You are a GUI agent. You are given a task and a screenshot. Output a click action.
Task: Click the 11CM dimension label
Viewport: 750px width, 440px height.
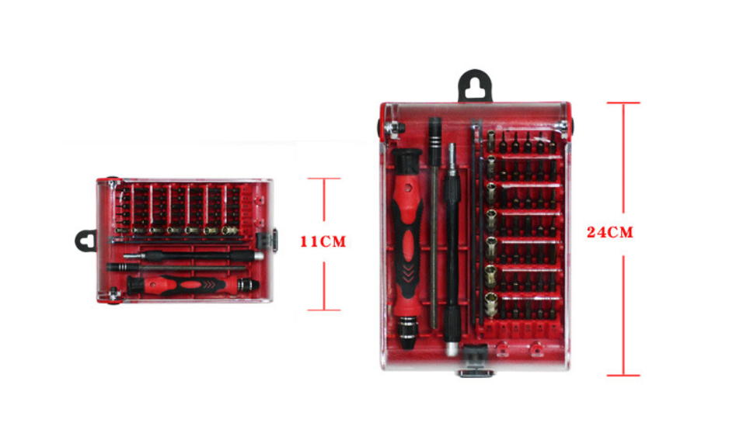click(323, 241)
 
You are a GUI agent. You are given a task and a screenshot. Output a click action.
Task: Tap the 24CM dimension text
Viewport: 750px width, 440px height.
click(610, 232)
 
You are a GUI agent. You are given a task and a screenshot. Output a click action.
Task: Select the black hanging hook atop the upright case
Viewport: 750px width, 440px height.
click(475, 86)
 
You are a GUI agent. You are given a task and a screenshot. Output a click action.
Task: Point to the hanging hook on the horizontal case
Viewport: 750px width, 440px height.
click(86, 241)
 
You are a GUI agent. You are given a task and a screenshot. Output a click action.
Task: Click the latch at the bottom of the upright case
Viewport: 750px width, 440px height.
click(476, 361)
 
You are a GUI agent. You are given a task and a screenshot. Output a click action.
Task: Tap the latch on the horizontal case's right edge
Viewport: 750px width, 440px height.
click(267, 241)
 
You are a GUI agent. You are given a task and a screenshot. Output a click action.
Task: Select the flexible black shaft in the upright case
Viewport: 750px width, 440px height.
click(452, 249)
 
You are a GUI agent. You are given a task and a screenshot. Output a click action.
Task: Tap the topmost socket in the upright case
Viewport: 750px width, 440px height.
click(491, 139)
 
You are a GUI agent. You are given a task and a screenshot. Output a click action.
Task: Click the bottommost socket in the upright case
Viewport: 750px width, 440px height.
click(490, 305)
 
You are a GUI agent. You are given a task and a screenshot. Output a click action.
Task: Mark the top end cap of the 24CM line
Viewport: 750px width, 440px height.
click(623, 102)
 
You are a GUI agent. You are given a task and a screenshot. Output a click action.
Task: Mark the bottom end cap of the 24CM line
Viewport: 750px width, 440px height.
click(623, 376)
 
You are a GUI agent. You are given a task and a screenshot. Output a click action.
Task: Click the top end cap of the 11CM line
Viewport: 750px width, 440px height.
click(324, 178)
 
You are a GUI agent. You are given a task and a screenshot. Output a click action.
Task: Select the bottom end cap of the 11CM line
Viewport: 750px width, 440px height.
click(324, 310)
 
